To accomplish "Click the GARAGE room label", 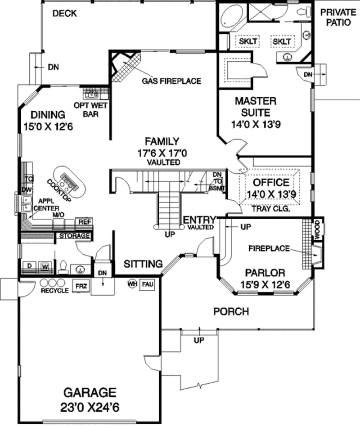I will pyautogui.click(x=89, y=392).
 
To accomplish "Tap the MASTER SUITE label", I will pyautogui.click(x=255, y=107).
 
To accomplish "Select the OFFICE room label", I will pyautogui.click(x=271, y=182).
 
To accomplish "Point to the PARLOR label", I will pyautogui.click(x=265, y=273).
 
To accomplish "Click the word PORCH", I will pyautogui.click(x=231, y=311).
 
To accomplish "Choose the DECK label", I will pyautogui.click(x=64, y=13).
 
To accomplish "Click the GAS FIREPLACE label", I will pyautogui.click(x=171, y=81).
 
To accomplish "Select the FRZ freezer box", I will pyautogui.click(x=81, y=286).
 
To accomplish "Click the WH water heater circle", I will pyautogui.click(x=132, y=284).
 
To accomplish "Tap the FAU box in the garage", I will pyautogui.click(x=147, y=285).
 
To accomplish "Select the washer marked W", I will pyautogui.click(x=45, y=266).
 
